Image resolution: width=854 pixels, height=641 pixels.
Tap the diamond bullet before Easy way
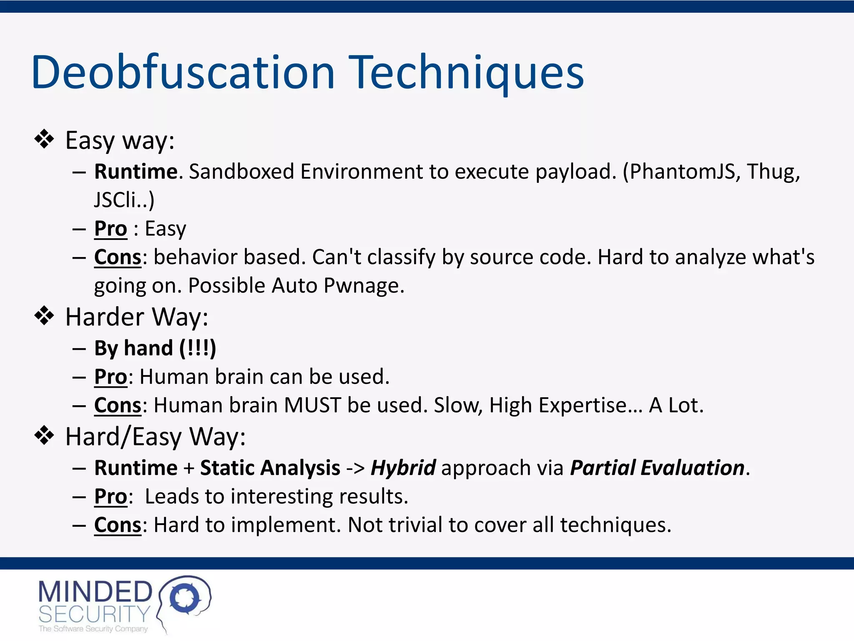pos(44,139)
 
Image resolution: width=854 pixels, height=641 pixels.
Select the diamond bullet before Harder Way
pos(44,316)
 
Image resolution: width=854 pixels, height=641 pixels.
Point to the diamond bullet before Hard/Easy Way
pos(44,436)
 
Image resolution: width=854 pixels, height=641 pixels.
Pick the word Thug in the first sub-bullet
pos(772,172)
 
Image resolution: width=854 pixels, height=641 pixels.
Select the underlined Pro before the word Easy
pos(111,229)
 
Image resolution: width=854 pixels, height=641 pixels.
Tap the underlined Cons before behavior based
pos(118,257)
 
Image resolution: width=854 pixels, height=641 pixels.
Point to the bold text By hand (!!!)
pos(155,348)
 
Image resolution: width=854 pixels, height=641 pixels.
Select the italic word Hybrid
pos(403,468)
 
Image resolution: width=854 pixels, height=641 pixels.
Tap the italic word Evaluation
pos(692,468)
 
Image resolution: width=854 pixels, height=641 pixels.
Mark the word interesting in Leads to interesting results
pos(282,497)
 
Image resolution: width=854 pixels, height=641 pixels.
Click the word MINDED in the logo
pos(95,592)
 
